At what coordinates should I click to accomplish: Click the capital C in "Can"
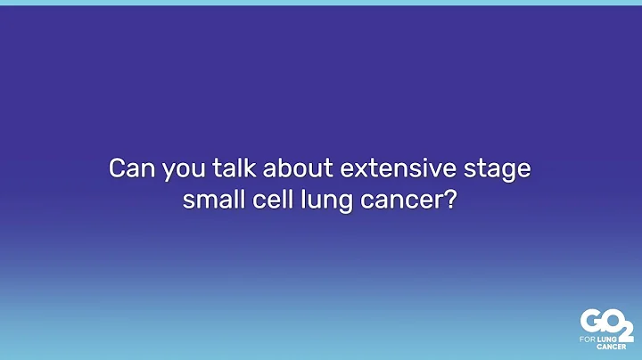point(115,168)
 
